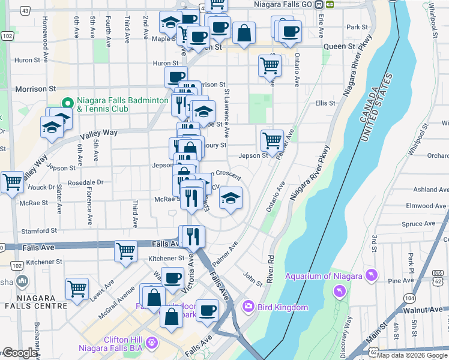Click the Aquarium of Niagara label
[324, 276]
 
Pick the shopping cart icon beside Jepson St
[272, 141]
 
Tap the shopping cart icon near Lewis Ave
[77, 289]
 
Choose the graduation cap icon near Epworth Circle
[229, 197]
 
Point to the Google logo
[20, 353]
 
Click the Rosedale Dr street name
[86, 182]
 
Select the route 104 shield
[409, 298]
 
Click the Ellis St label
[325, 103]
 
